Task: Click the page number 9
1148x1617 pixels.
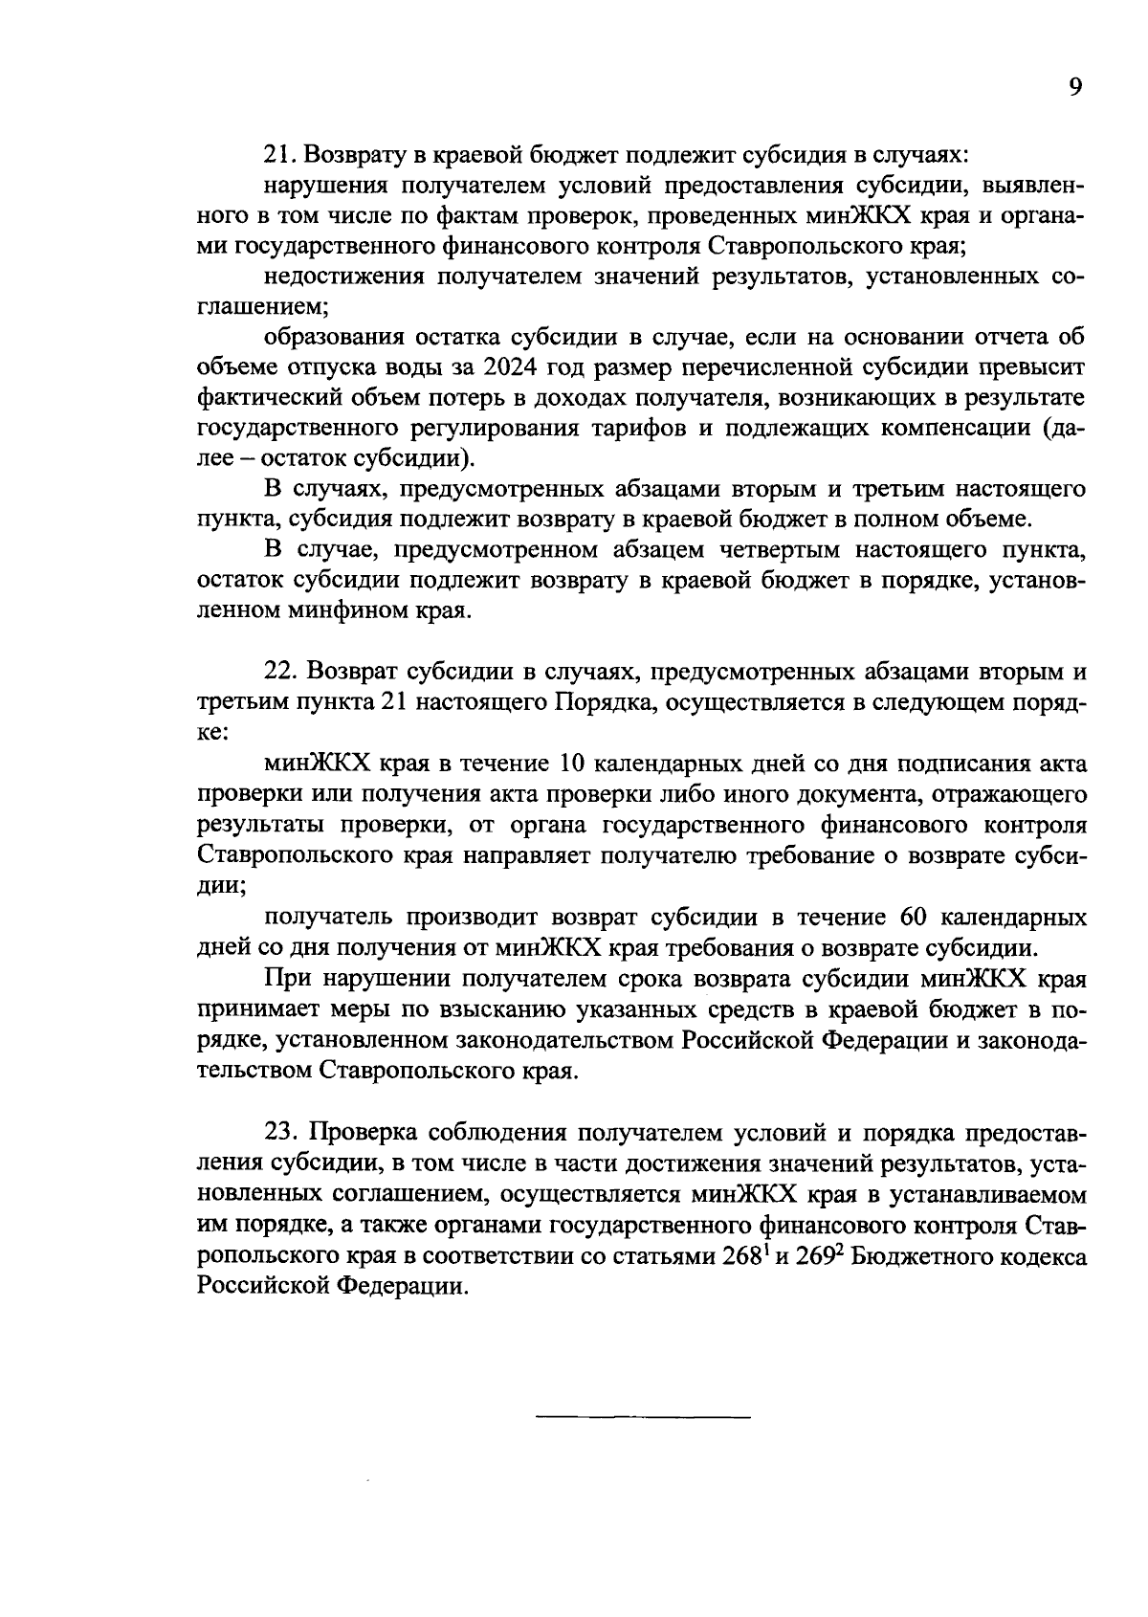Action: (x=1075, y=87)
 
